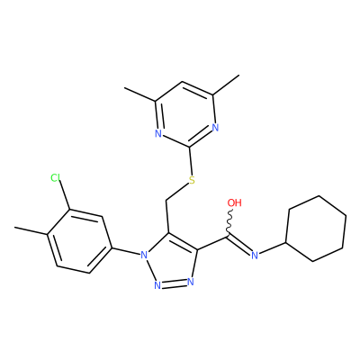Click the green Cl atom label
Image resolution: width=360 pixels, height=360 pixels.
pos(56,178)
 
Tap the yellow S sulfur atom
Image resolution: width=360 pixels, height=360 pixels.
pos(192,180)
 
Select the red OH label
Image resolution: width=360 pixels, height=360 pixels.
pos(234,202)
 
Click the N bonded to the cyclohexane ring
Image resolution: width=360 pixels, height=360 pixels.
pos(255,256)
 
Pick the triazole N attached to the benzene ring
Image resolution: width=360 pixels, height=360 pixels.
pos(144,256)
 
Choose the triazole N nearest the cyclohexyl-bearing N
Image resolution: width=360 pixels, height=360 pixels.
pos(191,282)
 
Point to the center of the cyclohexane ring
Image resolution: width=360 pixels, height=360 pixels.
pos(316,229)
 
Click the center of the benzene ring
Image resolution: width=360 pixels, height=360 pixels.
pos(79,241)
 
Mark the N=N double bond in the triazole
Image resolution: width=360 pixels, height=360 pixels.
pos(175,283)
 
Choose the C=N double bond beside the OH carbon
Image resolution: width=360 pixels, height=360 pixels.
pos(239,245)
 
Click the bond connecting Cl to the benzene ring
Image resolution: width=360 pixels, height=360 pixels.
pos(64,195)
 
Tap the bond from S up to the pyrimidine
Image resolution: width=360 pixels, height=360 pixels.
pos(191,161)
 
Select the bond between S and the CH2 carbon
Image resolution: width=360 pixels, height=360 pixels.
pos(177,193)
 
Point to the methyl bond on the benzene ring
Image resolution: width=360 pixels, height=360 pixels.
pos(31,230)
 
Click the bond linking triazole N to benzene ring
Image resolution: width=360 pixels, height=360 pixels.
pos(126,251)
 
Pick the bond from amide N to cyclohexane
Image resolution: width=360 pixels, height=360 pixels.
pos(272,247)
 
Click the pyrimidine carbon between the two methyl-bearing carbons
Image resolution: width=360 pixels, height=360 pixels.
pos(182,82)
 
